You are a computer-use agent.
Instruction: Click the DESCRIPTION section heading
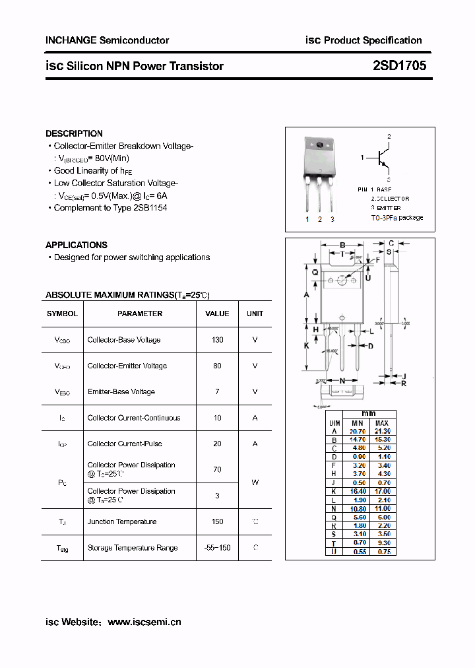pyautogui.click(x=74, y=133)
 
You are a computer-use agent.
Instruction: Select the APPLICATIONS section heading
pyautogui.click(x=76, y=245)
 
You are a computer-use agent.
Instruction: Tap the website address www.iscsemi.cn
pyautogui.click(x=144, y=622)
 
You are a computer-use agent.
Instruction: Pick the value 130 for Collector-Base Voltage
pyautogui.click(x=217, y=340)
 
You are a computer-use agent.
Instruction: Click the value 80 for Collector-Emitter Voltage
pyautogui.click(x=217, y=366)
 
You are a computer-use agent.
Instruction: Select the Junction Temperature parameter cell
pyautogui.click(x=122, y=521)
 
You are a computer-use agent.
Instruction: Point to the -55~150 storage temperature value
pyautogui.click(x=217, y=548)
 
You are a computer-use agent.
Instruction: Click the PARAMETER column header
pyautogui.click(x=140, y=314)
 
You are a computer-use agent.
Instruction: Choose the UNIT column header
pyautogui.click(x=255, y=314)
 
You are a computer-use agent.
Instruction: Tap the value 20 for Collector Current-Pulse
pyautogui.click(x=217, y=444)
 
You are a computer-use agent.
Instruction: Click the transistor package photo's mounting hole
pyautogui.click(x=320, y=145)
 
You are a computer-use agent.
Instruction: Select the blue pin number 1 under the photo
pyautogui.click(x=307, y=219)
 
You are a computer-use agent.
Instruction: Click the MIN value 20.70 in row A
pyautogui.click(x=357, y=431)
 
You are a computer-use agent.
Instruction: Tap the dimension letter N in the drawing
pyautogui.click(x=342, y=381)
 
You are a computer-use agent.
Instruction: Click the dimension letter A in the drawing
pyautogui.click(x=307, y=295)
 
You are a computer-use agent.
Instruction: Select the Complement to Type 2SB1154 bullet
pyautogui.click(x=110, y=207)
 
